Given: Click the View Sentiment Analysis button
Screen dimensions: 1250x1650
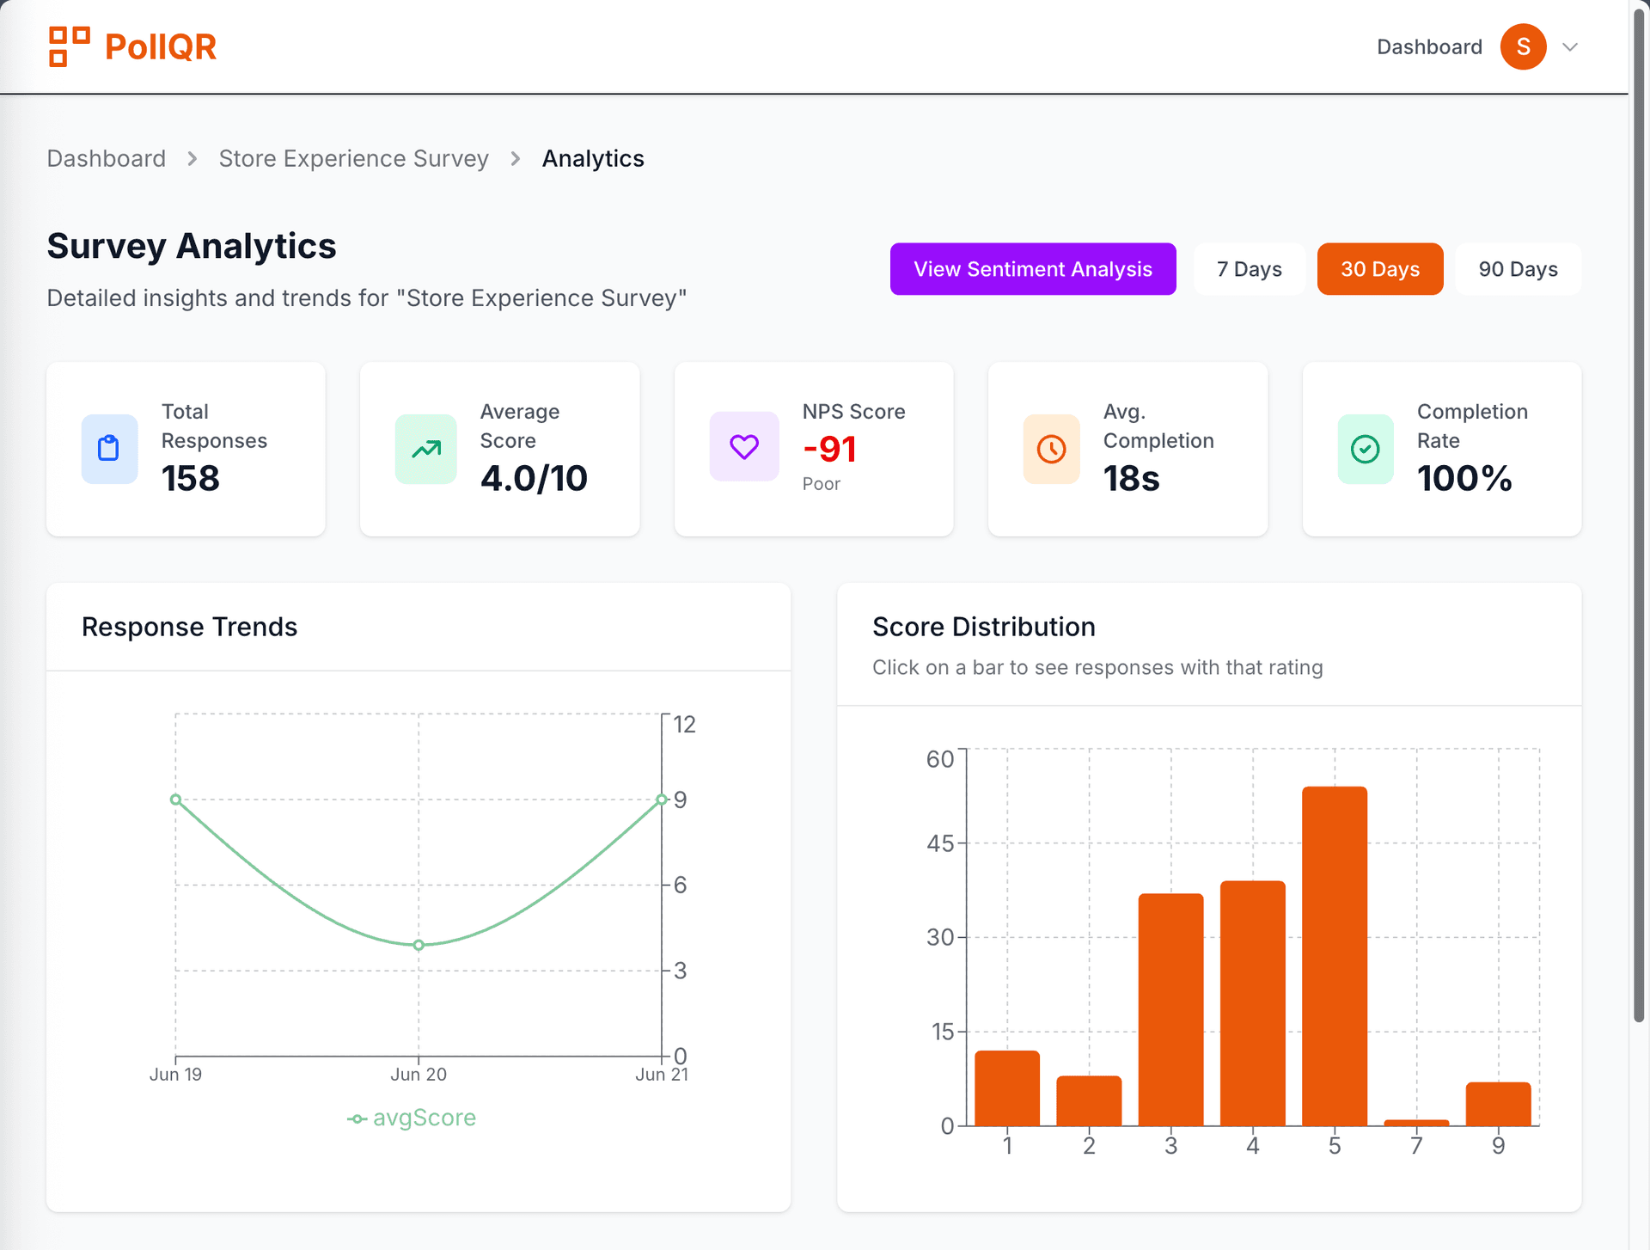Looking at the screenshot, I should (1032, 269).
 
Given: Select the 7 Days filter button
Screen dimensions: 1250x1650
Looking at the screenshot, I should (1249, 269).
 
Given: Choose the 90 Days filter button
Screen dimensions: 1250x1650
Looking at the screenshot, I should (1517, 269).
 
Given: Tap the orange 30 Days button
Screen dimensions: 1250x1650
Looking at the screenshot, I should (1379, 269).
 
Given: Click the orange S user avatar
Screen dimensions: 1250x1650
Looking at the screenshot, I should (1523, 46).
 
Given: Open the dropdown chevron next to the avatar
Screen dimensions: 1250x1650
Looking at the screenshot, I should (1570, 47).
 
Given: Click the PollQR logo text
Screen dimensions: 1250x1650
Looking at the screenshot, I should (160, 46).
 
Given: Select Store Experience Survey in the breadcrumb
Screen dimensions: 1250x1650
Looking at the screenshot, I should (353, 158).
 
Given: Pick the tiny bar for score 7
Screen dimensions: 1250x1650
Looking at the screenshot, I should (1415, 1122).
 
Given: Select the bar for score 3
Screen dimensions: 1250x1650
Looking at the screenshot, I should (1170, 1010).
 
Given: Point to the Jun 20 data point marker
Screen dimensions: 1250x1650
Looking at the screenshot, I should (419, 945).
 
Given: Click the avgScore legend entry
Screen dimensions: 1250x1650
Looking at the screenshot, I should (412, 1118).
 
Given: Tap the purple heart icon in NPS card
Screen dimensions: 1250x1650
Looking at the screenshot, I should (744, 447).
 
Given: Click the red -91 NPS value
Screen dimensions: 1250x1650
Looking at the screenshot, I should (829, 449).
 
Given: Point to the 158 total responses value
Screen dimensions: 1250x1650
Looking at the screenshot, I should (191, 478).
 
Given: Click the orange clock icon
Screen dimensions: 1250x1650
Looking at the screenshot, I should (1051, 449).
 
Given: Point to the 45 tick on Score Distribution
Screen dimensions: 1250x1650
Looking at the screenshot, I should (940, 843).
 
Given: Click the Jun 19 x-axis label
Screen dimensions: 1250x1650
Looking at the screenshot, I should (175, 1075).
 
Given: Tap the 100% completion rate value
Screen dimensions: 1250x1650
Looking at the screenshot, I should (1464, 478).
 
